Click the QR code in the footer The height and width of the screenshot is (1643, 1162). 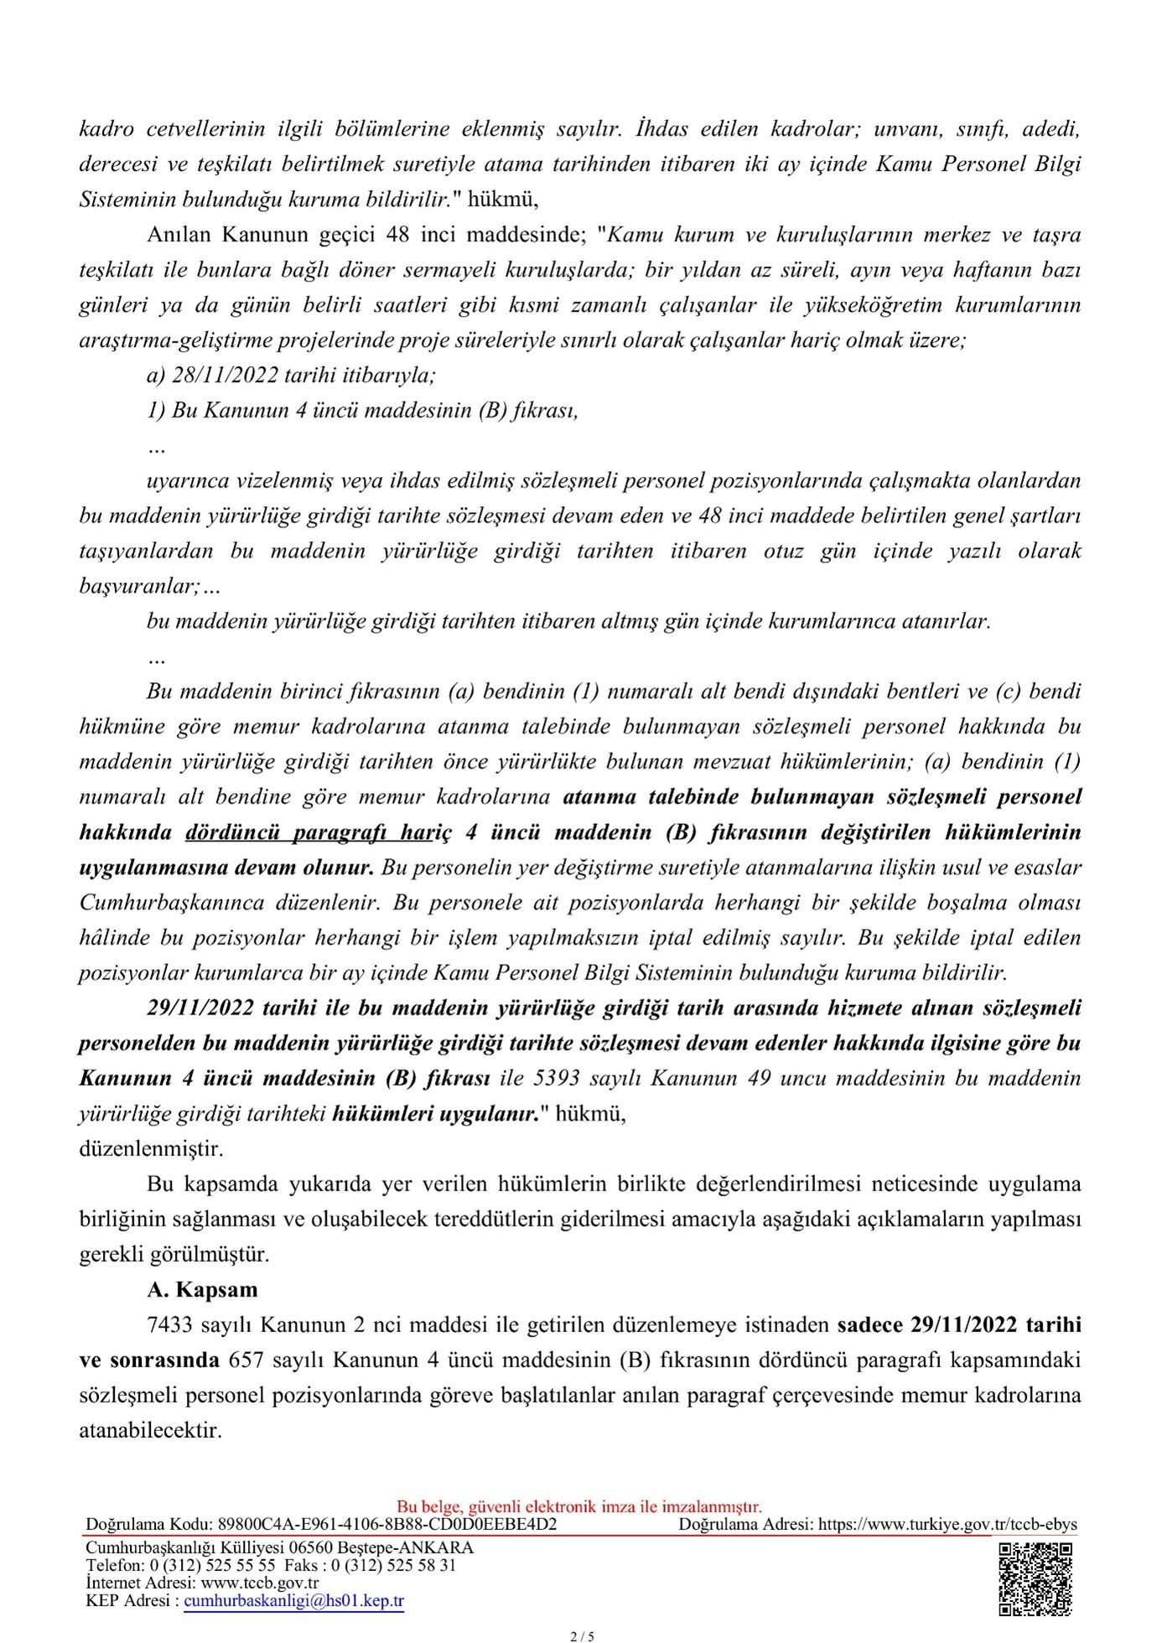click(1035, 1578)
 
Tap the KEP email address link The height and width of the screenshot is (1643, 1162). click(293, 1600)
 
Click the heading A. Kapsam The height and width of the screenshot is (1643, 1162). click(202, 1289)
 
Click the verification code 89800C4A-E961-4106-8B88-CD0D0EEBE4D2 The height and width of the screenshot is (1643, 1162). click(386, 1524)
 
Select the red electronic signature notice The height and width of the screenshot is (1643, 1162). click(579, 1506)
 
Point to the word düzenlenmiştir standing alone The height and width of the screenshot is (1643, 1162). click(151, 1148)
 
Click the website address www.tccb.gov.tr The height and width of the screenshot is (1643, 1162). click(260, 1583)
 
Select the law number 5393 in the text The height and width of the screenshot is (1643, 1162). click(558, 1078)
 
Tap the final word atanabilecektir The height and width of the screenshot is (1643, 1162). click(151, 1430)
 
